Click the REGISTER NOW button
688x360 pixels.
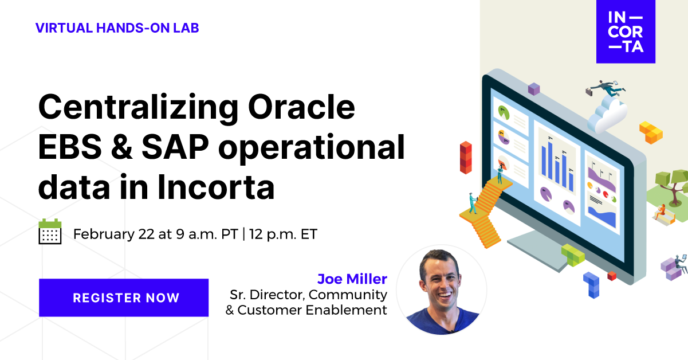(x=124, y=298)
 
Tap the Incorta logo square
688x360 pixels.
(x=626, y=32)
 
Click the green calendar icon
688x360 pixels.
(x=50, y=232)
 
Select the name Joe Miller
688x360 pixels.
(x=352, y=279)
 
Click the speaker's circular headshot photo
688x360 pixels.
(x=442, y=290)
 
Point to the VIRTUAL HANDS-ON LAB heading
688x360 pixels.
(x=117, y=28)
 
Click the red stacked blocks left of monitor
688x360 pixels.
(x=466, y=156)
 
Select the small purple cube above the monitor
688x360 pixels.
(x=534, y=89)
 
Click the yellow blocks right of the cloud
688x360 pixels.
(x=651, y=131)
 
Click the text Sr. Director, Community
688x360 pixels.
(x=308, y=295)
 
